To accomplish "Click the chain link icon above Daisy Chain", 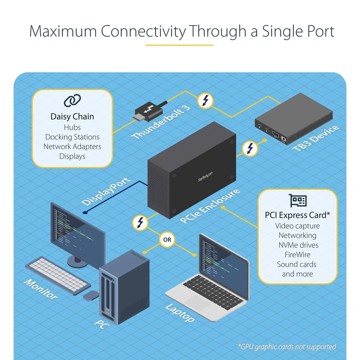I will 72,100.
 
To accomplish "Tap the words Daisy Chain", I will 72,117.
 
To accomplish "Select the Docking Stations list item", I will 72,137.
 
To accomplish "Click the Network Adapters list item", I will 72,147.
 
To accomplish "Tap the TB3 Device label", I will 316,139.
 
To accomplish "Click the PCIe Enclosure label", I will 210,206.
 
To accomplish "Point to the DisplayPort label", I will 106,191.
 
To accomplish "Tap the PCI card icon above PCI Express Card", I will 298,201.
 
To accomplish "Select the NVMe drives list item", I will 298,245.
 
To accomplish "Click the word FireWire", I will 298,255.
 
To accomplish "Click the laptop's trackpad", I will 198,302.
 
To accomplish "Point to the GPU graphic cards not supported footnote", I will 287,346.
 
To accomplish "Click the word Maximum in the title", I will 63,31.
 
